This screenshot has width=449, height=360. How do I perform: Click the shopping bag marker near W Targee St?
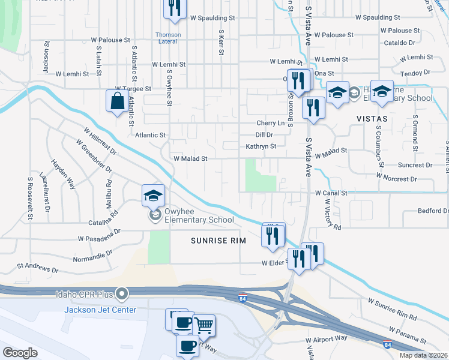(116, 101)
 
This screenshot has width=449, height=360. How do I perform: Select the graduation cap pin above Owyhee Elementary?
(153, 195)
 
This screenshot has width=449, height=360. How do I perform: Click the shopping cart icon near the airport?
(205, 326)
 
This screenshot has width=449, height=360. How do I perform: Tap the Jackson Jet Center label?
(100, 310)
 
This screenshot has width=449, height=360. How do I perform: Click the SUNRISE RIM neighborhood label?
(215, 241)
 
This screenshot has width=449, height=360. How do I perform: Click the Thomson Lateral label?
(168, 38)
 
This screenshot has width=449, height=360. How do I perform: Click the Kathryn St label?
(261, 146)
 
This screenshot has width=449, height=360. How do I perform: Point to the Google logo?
(19, 353)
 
